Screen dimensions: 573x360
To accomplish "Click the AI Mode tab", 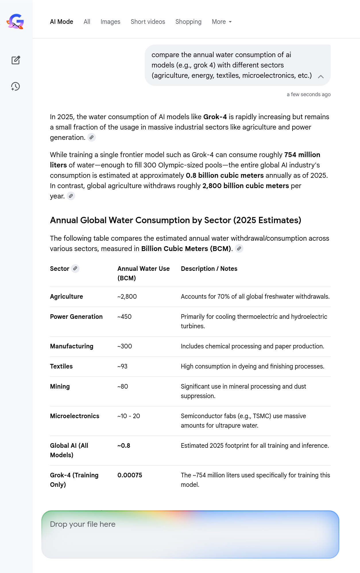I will click(61, 22).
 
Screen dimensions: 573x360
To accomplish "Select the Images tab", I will click(110, 22).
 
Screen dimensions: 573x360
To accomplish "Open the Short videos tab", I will click(148, 22).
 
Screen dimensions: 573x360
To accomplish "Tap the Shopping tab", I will click(188, 22).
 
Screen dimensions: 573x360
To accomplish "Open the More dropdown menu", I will click(222, 22).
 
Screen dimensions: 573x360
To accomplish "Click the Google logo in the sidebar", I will click(16, 22).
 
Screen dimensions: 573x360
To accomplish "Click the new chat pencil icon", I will click(16, 60).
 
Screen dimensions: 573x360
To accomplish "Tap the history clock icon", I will click(16, 86).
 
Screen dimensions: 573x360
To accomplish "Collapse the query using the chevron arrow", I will click(321, 76).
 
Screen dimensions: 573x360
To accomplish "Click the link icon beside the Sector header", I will click(75, 268).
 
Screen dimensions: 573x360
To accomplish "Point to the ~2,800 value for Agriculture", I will click(127, 296).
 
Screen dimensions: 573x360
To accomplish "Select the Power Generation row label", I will click(76, 317).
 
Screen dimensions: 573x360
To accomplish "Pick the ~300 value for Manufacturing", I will click(125, 346).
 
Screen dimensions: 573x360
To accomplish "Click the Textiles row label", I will click(61, 366).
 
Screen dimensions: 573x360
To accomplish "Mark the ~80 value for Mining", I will click(123, 386).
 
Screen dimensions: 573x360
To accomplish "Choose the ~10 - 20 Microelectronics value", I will click(129, 416).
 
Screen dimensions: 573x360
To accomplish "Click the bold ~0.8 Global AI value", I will click(124, 445).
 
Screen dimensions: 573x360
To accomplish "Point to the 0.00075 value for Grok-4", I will click(130, 475).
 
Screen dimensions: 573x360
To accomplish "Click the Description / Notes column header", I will click(209, 269).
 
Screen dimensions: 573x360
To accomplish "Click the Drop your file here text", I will click(83, 524).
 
